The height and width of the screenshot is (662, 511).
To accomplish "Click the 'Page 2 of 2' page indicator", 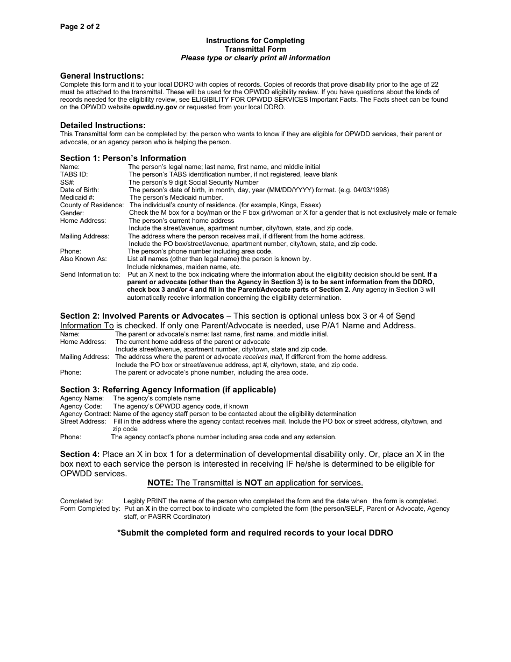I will (80, 26).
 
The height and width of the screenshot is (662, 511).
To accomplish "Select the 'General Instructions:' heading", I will (102, 76).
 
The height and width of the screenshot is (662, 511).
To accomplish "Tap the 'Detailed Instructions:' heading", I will (103, 125).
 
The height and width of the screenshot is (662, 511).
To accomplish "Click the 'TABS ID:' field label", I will (74, 174).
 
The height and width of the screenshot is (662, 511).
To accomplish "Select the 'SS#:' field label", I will (67, 182).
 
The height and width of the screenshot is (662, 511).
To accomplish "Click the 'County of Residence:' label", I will (92, 205).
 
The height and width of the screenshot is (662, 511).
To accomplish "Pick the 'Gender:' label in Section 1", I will (72, 213).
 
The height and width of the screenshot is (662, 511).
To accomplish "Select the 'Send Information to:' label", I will (90, 274).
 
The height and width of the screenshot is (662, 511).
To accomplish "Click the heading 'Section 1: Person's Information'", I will (123, 158).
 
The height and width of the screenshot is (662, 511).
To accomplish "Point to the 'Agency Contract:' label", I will (86, 414).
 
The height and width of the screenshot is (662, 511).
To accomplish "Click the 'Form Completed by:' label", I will (90, 509).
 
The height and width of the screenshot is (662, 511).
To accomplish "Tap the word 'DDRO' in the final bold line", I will (380, 533).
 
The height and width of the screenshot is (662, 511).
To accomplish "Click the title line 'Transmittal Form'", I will (255, 49).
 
